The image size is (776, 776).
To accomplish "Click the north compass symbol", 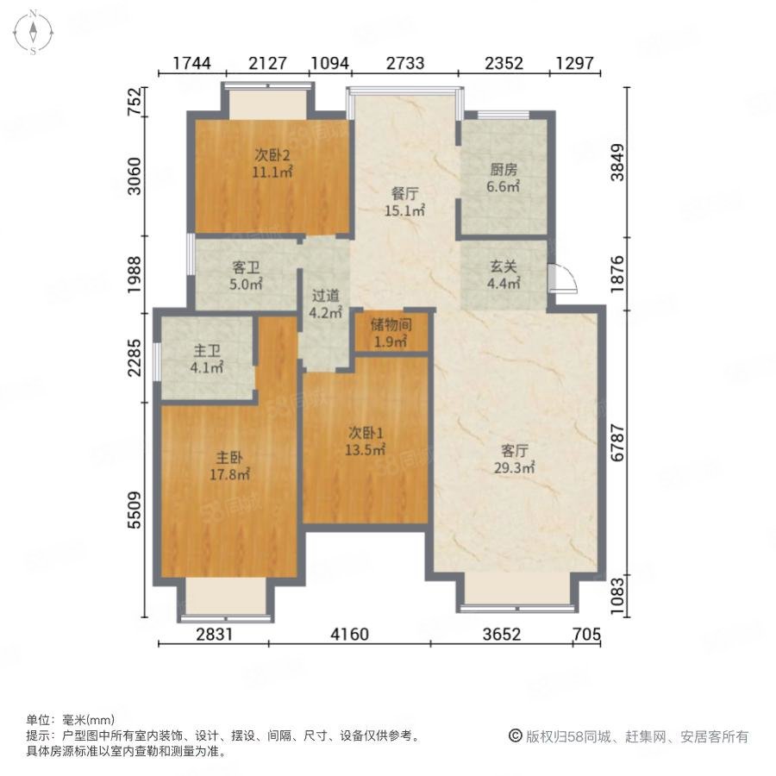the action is point(33,32).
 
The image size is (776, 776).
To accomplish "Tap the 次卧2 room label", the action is point(272,155).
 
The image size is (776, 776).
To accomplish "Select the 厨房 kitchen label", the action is point(504,170).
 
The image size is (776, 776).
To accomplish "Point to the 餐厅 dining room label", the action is point(405,193).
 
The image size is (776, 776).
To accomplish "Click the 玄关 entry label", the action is point(504,266).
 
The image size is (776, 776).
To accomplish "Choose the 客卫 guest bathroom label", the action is point(246,268).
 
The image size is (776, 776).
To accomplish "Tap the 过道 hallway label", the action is point(326,296).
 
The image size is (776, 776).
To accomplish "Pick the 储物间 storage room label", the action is point(391,325).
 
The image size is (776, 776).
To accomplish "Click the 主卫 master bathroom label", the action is point(207,351).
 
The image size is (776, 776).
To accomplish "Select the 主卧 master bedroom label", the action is point(229,457).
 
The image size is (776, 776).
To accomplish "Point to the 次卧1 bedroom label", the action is point(366,433).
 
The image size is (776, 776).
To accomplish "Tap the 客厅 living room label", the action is point(514,450).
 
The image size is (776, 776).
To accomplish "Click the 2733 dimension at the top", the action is point(405,63).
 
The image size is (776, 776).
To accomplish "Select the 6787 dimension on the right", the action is point(617,443).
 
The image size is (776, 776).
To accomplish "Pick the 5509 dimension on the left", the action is point(135,510).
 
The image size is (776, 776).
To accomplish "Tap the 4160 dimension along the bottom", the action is point(350,634).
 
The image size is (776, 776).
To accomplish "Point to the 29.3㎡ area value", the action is point(514,467).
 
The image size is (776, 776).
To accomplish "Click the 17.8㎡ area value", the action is point(229,474).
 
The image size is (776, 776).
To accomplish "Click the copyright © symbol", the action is point(516,736).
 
